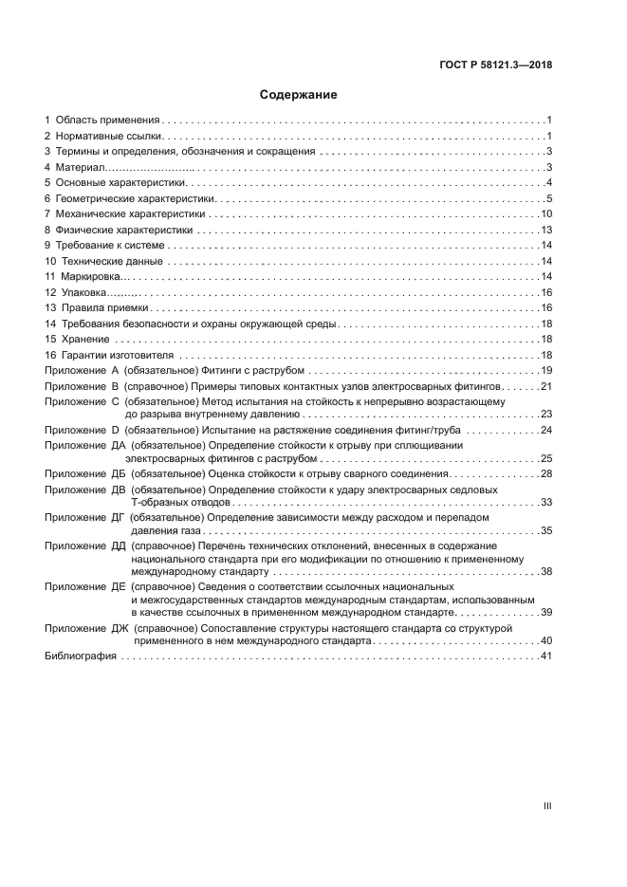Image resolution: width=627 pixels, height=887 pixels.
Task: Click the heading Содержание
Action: click(299, 95)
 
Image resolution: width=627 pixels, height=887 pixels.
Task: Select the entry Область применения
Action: click(107, 120)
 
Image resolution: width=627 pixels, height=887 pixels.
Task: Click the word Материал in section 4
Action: click(80, 167)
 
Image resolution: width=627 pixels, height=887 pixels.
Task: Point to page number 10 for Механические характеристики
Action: click(546, 213)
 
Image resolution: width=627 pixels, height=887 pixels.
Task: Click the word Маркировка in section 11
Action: click(87, 276)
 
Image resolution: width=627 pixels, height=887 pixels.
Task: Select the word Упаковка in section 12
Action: click(83, 292)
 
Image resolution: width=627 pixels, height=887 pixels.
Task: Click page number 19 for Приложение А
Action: click(546, 370)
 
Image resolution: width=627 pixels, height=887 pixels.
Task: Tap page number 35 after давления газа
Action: click(546, 530)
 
